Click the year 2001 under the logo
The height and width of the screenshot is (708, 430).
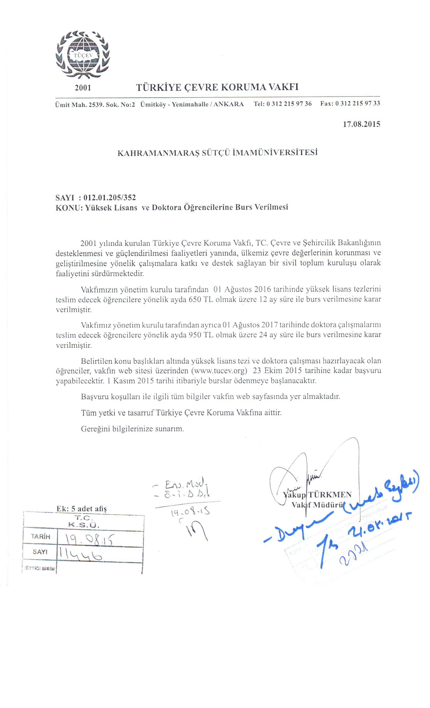pos(83,88)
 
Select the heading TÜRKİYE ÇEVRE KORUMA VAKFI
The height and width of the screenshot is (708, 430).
pos(217,87)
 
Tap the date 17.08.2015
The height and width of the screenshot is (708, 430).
pos(361,124)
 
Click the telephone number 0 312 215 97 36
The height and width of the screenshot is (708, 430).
pos(289,103)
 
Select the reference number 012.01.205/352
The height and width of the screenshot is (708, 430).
pos(110,197)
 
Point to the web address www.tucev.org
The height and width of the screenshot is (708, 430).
pos(219,370)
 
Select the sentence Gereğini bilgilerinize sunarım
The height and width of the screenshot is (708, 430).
pos(132,429)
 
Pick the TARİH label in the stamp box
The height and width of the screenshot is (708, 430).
pos(40,536)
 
